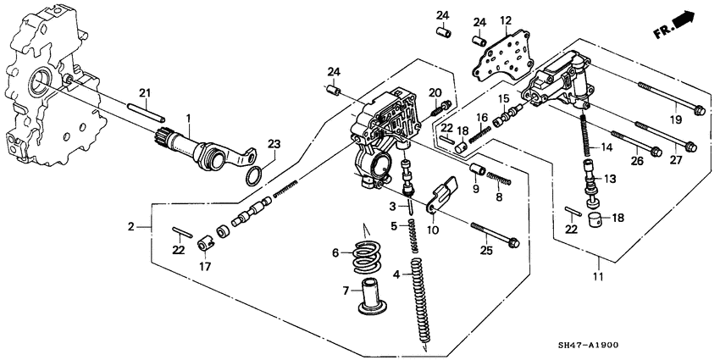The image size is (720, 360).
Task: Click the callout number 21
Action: pyautogui.click(x=144, y=92)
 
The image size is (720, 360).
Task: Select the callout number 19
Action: pyautogui.click(x=677, y=120)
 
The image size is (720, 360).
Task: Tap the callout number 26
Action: pyautogui.click(x=637, y=158)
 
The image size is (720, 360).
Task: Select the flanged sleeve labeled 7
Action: pyautogui.click(x=369, y=296)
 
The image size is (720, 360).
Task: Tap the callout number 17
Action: pyautogui.click(x=203, y=268)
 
